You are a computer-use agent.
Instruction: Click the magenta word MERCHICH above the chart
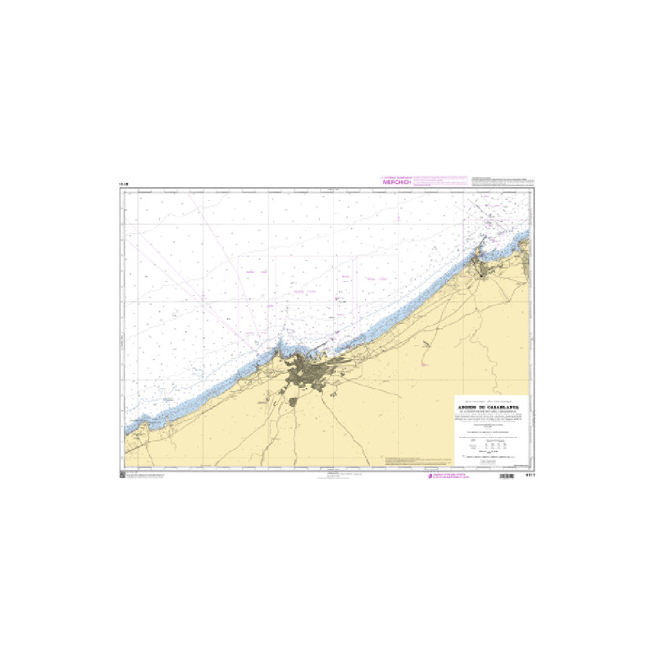tap(396, 182)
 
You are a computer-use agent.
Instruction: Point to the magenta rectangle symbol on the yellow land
tap(426, 362)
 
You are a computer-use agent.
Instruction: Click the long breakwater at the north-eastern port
tap(485, 244)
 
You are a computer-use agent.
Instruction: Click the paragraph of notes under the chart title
tap(490, 417)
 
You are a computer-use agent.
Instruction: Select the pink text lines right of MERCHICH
tap(439, 181)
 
